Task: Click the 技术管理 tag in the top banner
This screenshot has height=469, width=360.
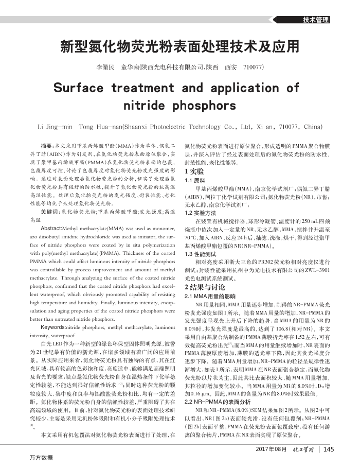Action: click(316, 20)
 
